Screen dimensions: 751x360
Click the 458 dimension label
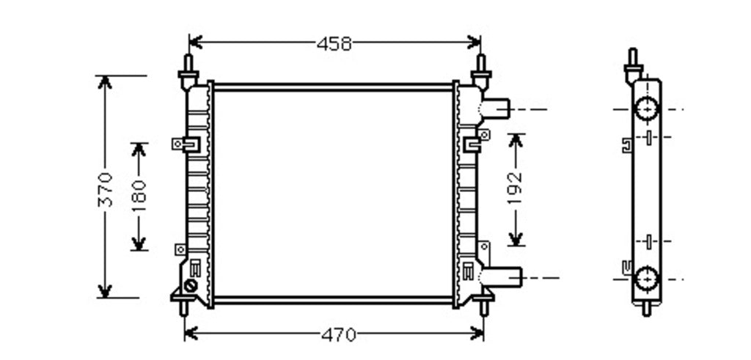[x=334, y=44]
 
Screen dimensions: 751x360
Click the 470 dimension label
[x=339, y=335]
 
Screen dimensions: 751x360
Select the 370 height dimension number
[x=105, y=190]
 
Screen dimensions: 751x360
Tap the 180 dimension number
[x=139, y=196]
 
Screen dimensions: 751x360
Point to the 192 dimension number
[x=515, y=188]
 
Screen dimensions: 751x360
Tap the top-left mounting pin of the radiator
[x=188, y=72]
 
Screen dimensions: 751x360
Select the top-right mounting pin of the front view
[x=481, y=72]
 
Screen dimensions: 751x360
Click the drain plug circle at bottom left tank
[x=190, y=286]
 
